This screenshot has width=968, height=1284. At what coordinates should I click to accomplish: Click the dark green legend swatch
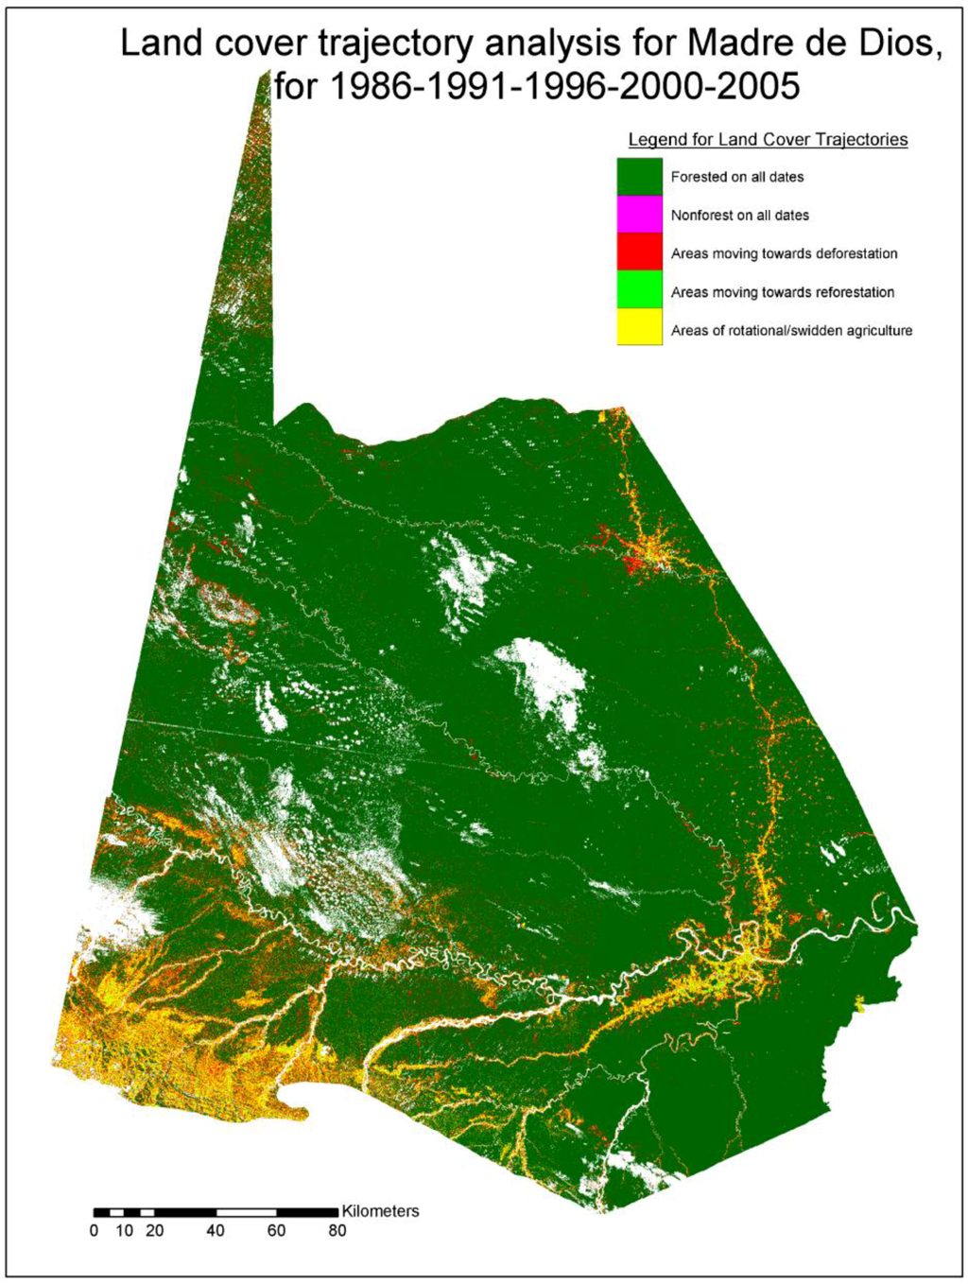coord(639,177)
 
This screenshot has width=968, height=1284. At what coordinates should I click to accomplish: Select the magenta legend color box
coord(639,215)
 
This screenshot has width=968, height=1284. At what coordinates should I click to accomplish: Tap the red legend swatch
coord(639,252)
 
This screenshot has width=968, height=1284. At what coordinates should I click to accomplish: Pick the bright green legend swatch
coord(639,290)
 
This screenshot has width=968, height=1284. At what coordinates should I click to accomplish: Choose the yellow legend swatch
coord(639,328)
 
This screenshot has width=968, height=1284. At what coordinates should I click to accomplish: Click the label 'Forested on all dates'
coord(737,177)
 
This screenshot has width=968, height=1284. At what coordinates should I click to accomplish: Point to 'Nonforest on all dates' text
coord(740,216)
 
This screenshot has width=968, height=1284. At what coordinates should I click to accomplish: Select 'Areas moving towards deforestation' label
coord(784,253)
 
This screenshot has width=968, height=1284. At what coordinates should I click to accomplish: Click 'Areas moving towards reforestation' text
coord(783,292)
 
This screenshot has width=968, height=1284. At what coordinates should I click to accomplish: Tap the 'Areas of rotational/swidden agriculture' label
coord(791,331)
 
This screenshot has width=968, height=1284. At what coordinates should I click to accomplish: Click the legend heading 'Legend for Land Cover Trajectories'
coord(768,140)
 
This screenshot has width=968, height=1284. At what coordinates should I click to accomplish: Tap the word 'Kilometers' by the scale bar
coord(380,1211)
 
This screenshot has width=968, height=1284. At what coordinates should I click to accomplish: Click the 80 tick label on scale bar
coord(337,1231)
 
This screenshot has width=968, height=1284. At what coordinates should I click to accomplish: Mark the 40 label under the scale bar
coord(216,1231)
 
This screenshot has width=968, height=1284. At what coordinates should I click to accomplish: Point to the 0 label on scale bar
coord(94,1231)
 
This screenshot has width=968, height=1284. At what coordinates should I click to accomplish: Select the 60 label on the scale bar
coord(276,1231)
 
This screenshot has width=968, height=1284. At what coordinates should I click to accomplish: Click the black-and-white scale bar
coord(216,1212)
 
